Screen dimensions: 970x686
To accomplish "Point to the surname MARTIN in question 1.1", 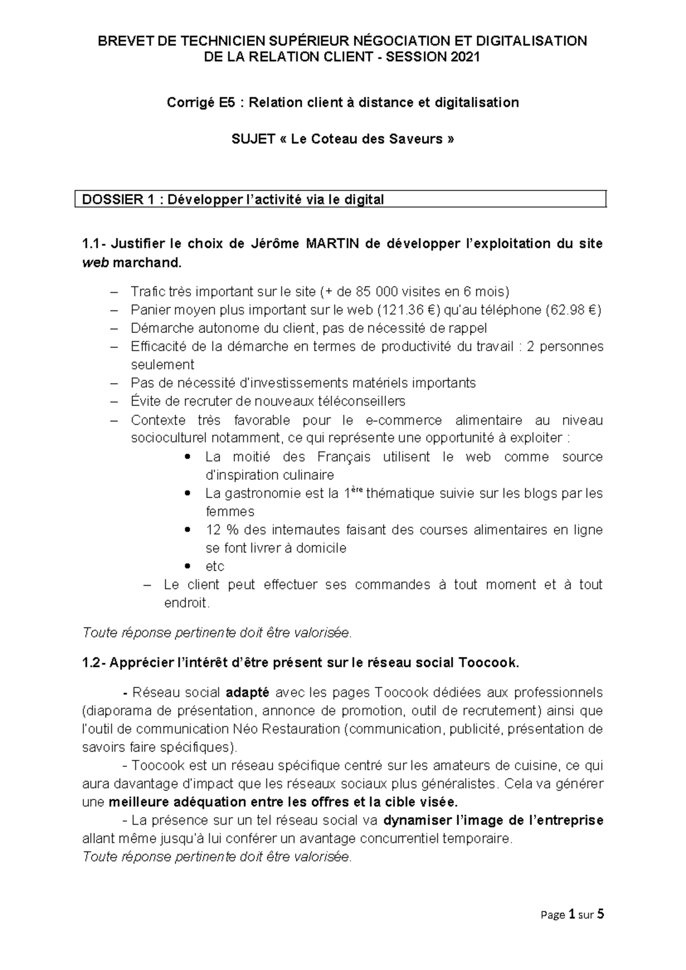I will pos(332,244).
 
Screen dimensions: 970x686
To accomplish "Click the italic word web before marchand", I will pos(95,263).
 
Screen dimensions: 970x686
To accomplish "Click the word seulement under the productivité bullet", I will pos(162,365).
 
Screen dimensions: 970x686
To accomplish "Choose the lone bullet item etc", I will pos(215,566).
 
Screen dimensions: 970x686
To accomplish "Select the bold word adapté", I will pos(247,693).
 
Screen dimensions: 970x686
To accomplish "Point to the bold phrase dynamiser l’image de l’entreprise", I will pos(493,820).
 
